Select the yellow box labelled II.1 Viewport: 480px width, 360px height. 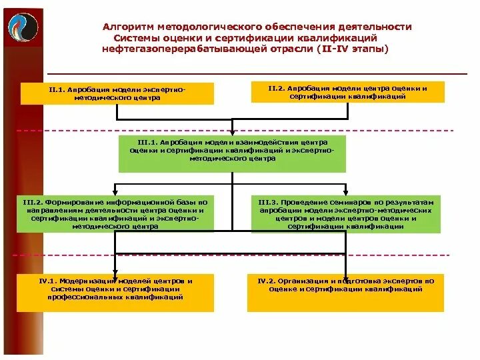(x=117, y=93)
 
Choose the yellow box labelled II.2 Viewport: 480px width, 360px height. (x=347, y=92)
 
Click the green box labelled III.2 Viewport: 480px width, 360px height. (x=115, y=214)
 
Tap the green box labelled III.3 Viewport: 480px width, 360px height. (x=346, y=214)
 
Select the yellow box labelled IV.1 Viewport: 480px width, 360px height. (x=115, y=292)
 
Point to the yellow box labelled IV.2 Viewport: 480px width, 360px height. (x=345, y=292)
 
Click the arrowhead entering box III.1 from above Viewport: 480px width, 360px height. (x=232, y=133)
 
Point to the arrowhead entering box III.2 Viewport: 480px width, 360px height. (x=115, y=193)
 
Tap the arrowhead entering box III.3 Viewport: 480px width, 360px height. (x=346, y=193)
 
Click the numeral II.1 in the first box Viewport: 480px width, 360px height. (x=57, y=88)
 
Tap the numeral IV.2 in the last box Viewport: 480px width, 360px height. (x=269, y=281)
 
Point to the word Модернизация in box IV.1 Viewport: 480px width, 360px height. (x=93, y=281)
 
